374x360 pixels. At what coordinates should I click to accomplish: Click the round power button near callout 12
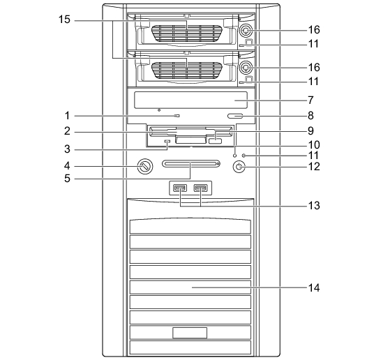tap(239, 167)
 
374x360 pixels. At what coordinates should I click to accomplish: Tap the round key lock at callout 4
tap(145, 166)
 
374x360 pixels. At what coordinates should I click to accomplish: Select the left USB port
tap(180, 188)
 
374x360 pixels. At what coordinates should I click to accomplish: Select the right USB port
tap(200, 188)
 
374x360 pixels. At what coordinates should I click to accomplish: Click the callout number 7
tap(311, 100)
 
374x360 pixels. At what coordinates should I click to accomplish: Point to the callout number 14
tap(314, 287)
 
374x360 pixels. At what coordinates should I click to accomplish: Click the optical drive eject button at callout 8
tap(235, 117)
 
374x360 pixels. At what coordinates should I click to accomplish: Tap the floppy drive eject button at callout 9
tap(215, 141)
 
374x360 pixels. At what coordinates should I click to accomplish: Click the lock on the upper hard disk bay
tap(246, 31)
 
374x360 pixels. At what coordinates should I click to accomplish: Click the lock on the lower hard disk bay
tap(246, 68)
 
